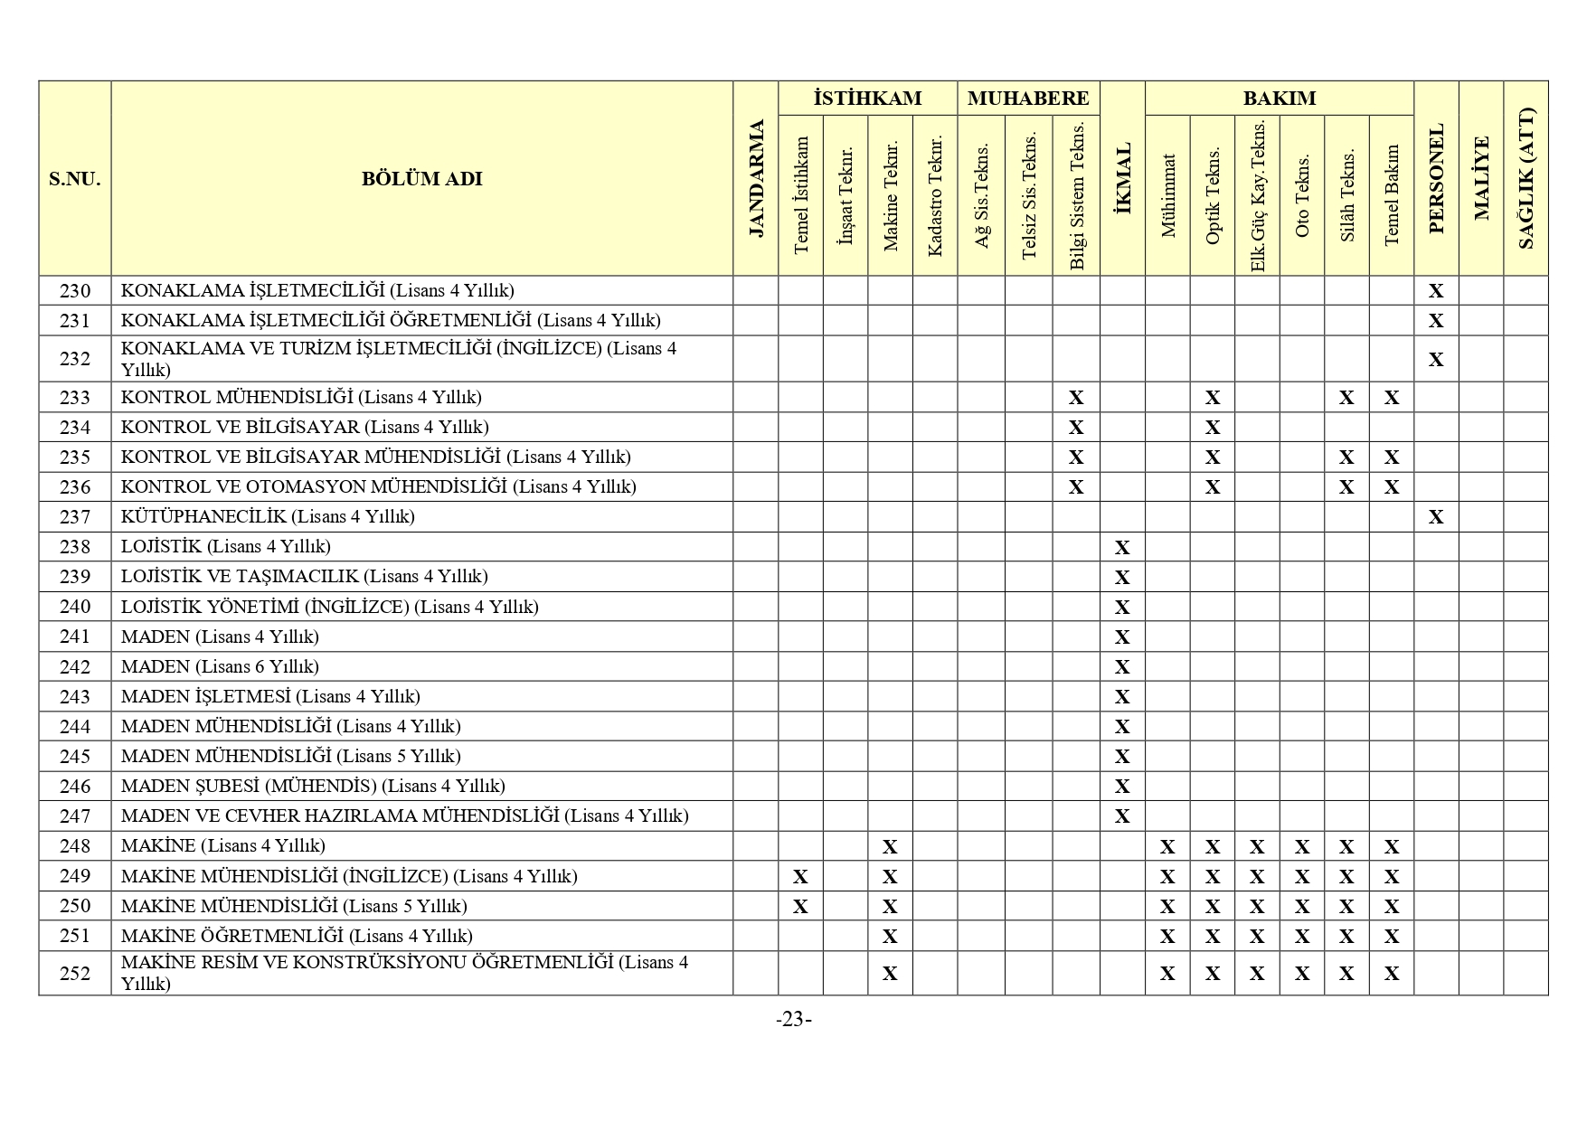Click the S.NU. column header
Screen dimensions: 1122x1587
click(x=75, y=179)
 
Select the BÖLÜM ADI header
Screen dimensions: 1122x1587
click(x=421, y=179)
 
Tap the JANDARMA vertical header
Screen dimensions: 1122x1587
click(x=756, y=179)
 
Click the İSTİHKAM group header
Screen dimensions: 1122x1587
click(x=867, y=99)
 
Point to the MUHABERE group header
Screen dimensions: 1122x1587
click(x=1028, y=99)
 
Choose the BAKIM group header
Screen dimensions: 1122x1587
click(x=1279, y=99)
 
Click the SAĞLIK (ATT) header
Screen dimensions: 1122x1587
click(x=1526, y=179)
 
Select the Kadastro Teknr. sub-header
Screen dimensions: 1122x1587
click(x=935, y=196)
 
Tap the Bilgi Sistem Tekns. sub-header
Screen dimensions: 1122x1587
click(x=1076, y=196)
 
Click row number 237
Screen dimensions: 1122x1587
click(x=75, y=517)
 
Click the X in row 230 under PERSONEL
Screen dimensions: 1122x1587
click(x=1435, y=291)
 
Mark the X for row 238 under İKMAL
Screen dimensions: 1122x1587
click(x=1122, y=548)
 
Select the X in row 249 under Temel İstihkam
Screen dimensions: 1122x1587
click(x=800, y=877)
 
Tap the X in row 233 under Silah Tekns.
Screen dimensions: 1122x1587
click(x=1346, y=398)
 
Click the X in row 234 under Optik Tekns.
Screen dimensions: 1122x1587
click(x=1213, y=428)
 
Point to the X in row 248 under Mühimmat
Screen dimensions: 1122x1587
click(x=1167, y=847)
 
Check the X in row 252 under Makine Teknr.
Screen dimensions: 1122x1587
click(x=890, y=974)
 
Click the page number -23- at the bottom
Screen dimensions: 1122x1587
click(x=793, y=1020)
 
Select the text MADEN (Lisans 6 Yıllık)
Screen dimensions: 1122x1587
click(x=220, y=667)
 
